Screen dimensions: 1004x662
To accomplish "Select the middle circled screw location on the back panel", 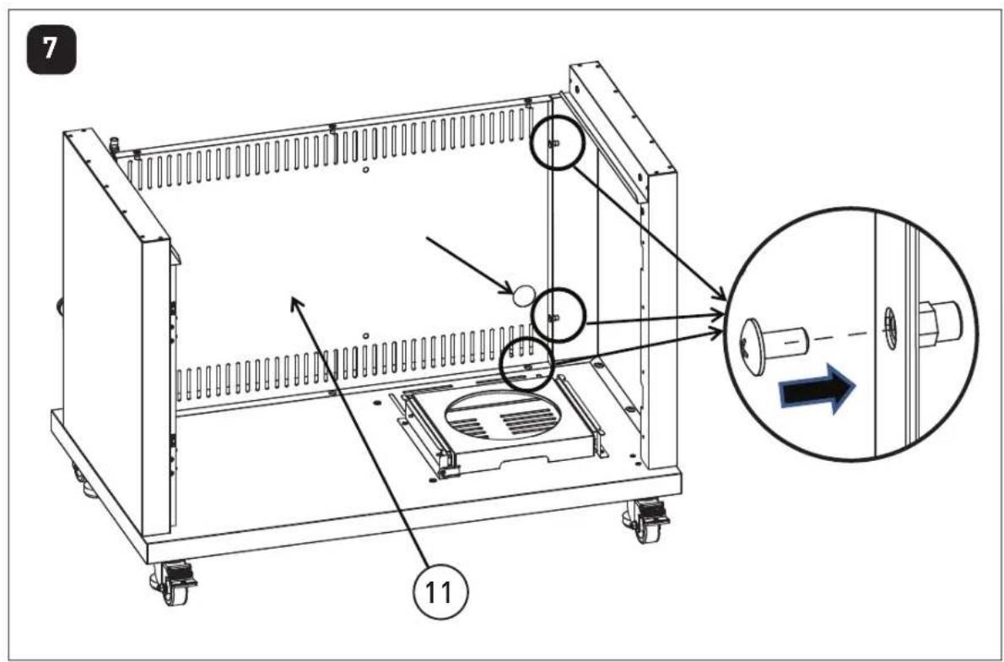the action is (x=559, y=316).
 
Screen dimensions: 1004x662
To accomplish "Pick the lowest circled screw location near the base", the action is (x=526, y=366).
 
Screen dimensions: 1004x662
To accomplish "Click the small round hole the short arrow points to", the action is (x=522, y=294).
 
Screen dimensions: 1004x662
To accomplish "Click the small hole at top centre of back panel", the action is (x=364, y=170).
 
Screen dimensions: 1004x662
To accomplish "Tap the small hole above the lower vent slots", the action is (x=365, y=335).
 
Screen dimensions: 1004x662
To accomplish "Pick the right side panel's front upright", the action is (x=661, y=320).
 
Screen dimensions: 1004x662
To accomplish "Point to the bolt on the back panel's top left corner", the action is (x=116, y=145).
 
